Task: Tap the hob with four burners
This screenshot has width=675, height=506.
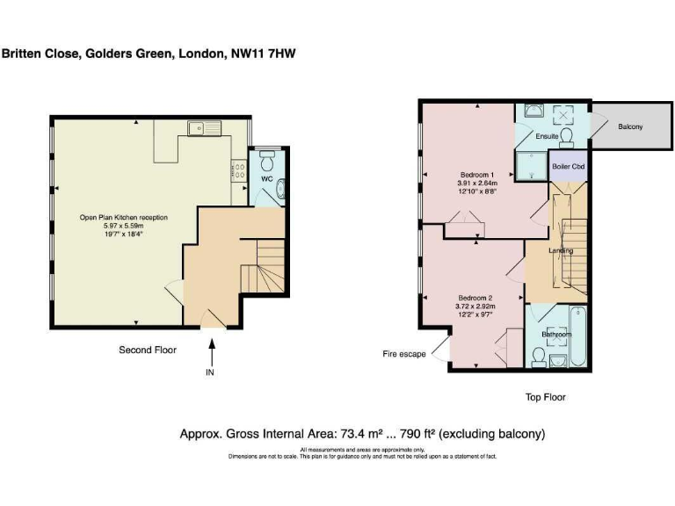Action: [x=238, y=170]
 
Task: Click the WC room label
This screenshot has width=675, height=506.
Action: [x=265, y=179]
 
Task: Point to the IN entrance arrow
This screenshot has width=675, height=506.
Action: [x=210, y=353]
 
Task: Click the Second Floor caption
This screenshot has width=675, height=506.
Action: [x=148, y=350]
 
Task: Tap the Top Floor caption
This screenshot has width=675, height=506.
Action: [x=545, y=397]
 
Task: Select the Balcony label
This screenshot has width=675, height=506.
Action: [x=629, y=127]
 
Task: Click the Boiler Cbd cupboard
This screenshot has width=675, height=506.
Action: [x=567, y=166]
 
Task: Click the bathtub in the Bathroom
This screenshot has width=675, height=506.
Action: [x=577, y=336]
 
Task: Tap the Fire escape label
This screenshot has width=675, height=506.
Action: [x=403, y=354]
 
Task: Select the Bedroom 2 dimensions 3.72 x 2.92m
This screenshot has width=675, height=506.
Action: [x=475, y=306]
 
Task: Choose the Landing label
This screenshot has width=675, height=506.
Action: [x=561, y=250]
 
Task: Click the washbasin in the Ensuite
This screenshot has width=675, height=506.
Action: [x=533, y=112]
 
